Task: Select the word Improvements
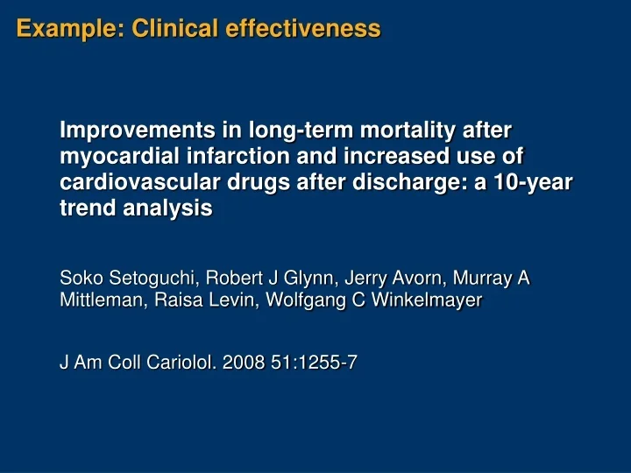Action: [x=129, y=131]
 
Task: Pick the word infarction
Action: [x=221, y=158]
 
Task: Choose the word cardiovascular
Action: [x=132, y=184]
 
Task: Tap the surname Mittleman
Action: [x=98, y=301]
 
